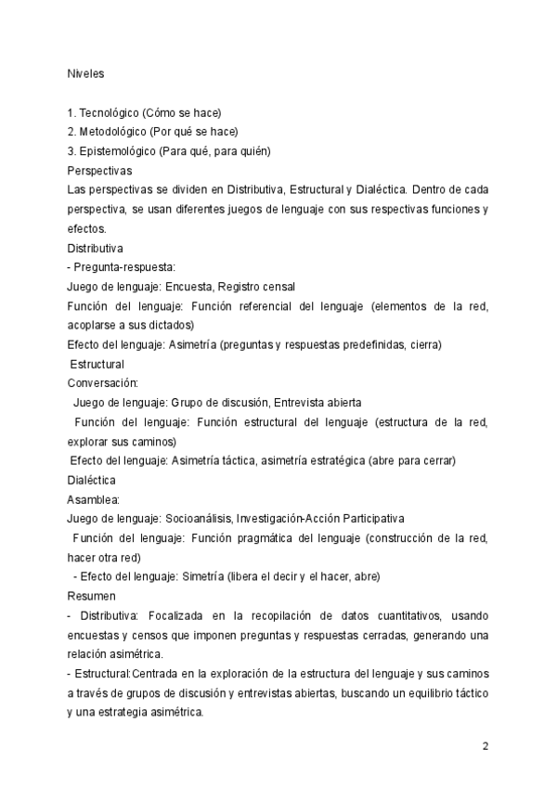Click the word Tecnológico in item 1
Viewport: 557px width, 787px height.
(110, 112)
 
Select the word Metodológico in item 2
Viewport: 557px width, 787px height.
(113, 132)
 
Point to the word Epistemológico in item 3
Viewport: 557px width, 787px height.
(118, 151)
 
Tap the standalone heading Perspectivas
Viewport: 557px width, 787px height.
(99, 171)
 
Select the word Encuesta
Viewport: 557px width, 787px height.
(189, 287)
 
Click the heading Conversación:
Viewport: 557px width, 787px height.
(103, 382)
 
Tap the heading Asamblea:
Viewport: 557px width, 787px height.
(93, 498)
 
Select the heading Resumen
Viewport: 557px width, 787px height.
(91, 595)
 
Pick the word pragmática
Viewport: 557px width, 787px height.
(251, 538)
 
